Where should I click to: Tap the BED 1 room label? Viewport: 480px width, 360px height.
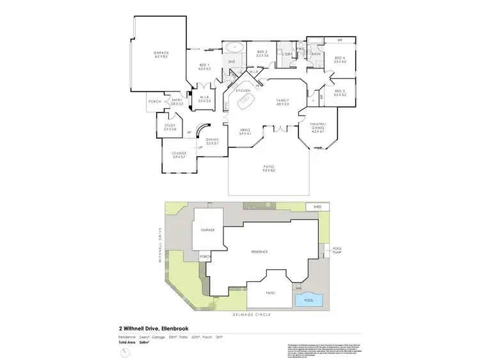(x=204, y=66)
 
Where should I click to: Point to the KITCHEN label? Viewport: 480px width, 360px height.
(x=243, y=91)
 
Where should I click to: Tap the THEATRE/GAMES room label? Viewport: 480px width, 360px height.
(x=318, y=126)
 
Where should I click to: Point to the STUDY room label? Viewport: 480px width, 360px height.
(x=169, y=127)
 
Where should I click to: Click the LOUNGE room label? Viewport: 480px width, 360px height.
(x=179, y=155)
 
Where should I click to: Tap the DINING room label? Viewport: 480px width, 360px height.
(x=212, y=141)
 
